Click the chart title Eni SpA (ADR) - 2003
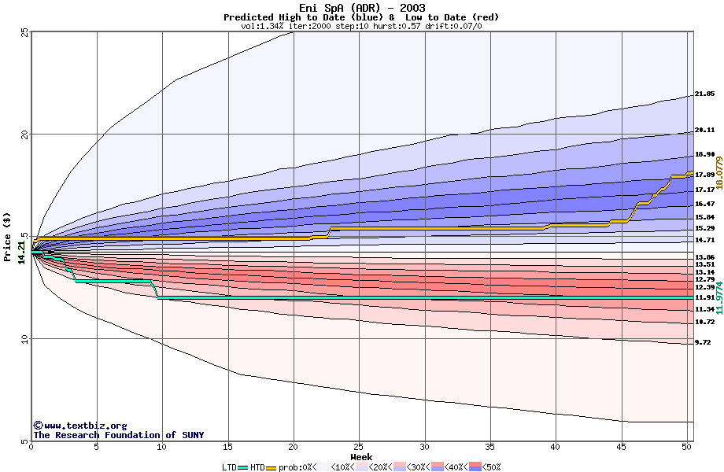pos(362,8)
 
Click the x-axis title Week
pos(361,456)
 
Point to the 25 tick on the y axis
pos(24,32)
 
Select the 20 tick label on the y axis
pos(24,135)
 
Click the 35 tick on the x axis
pos(490,447)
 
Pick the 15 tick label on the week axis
pos(227,447)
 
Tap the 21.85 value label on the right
pos(704,94)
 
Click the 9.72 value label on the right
pos(703,343)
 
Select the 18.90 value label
pos(704,155)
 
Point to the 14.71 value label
pos(704,240)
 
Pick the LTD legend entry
pos(230,467)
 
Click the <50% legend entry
pos(488,467)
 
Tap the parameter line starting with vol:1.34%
pos(361,26)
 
